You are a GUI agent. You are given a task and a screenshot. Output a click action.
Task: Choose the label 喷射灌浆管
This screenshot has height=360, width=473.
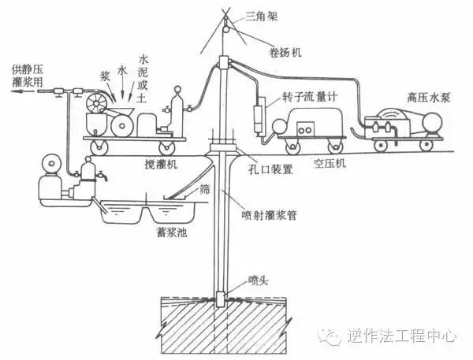266,211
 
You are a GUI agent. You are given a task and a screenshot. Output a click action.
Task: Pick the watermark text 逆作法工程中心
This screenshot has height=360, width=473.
402,336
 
